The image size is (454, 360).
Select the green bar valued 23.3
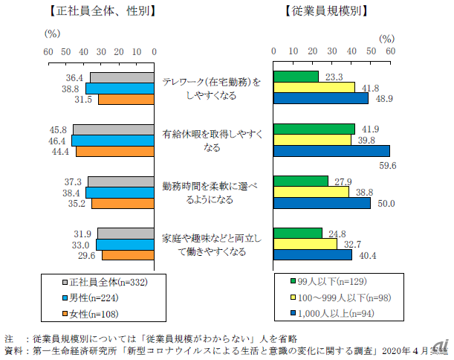[x=296, y=77]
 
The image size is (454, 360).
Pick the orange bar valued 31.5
[x=126, y=99]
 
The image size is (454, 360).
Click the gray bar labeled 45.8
[x=113, y=129]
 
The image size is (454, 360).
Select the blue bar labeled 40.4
[x=313, y=255]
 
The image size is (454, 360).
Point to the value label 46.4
[x=57, y=141]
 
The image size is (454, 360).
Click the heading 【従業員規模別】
[x=326, y=11]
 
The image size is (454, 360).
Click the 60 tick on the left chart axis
[x=48, y=52]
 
